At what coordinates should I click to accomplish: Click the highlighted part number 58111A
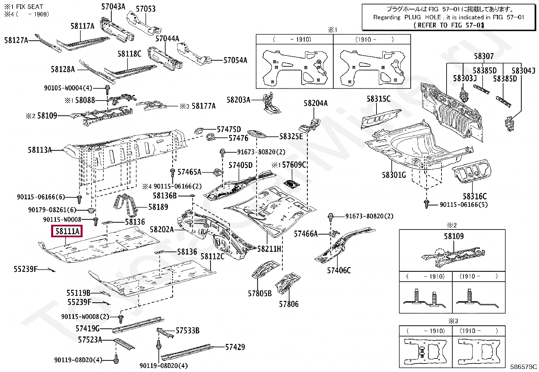point(67,231)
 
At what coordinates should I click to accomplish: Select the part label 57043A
point(113,6)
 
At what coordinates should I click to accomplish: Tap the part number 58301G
point(394,175)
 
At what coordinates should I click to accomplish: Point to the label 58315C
point(379,99)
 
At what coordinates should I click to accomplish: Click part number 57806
point(289,304)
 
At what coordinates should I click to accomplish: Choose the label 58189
point(158,206)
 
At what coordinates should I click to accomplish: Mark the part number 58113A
point(40,150)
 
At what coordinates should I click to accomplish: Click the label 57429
point(235,347)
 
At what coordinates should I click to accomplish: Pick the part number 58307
point(484,56)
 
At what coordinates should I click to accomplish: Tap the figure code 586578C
point(523,367)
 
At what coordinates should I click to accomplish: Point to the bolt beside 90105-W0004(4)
point(107,89)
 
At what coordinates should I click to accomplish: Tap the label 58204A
point(316,103)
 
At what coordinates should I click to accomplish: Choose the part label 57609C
point(294,165)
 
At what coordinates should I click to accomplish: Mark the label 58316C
point(475,196)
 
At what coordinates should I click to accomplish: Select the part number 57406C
point(339,270)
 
